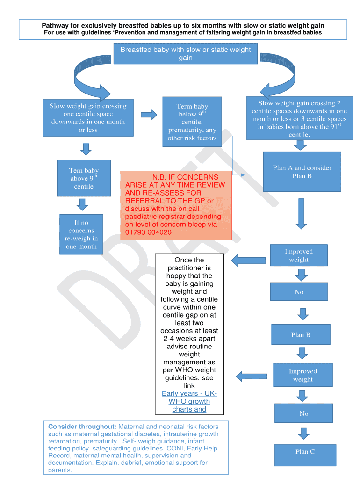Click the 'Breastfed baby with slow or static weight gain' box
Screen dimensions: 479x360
[186, 54]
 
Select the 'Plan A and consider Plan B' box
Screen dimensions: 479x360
[302, 172]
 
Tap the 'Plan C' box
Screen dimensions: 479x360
[305, 451]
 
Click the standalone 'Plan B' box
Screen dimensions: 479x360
[301, 335]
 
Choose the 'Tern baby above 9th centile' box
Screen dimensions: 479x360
[84, 178]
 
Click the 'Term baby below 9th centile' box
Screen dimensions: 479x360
[192, 122]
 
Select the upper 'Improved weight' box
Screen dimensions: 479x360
[298, 255]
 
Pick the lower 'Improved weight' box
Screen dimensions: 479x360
[302, 375]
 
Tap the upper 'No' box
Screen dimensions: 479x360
[299, 292]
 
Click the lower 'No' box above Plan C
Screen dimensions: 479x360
[303, 414]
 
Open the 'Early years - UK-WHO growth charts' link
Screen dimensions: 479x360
[189, 401]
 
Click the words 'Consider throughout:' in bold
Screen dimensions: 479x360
[82, 427]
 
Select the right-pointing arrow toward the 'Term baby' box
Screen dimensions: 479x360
[149, 115]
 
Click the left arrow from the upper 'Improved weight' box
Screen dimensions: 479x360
[248, 260]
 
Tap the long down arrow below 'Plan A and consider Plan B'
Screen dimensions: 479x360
[301, 213]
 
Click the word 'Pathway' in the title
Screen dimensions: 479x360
[56, 25]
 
